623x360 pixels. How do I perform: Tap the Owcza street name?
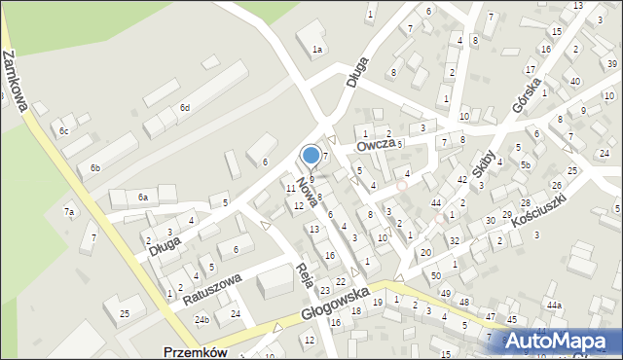(375, 146)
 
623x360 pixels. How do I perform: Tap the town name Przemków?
(195, 352)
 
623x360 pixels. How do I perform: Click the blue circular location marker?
(311, 155)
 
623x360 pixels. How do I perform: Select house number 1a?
(316, 49)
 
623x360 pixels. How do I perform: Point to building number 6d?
(184, 107)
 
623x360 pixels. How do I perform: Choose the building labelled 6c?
(63, 130)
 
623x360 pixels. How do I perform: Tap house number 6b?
(95, 168)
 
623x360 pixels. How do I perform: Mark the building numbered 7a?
(69, 211)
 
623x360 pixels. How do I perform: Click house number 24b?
(202, 319)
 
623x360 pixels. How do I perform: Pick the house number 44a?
(554, 306)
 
